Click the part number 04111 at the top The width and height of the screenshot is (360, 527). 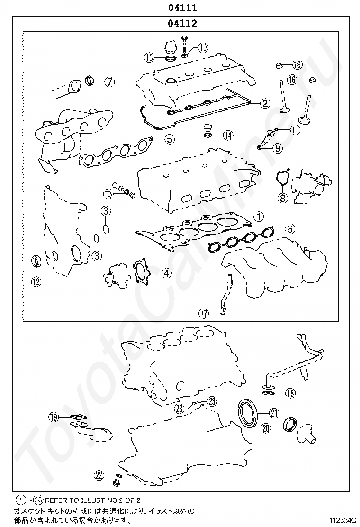[182, 8]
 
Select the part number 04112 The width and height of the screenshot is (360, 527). [182, 23]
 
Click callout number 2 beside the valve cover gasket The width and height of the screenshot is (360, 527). [265, 103]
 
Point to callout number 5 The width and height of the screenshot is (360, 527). [169, 138]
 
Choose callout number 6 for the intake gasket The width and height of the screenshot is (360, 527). [290, 229]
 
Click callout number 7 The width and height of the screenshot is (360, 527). [109, 81]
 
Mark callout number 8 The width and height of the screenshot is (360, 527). [282, 198]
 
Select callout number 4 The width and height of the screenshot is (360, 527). [166, 273]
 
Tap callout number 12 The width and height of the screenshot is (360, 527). [36, 281]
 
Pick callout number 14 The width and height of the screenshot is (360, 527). [228, 135]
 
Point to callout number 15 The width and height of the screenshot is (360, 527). [149, 57]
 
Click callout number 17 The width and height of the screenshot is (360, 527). [204, 314]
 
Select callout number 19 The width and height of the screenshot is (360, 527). [54, 418]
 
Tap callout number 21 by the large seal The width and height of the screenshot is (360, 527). [274, 413]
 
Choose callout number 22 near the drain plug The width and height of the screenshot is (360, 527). [99, 475]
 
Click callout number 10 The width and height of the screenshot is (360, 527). [203, 48]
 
